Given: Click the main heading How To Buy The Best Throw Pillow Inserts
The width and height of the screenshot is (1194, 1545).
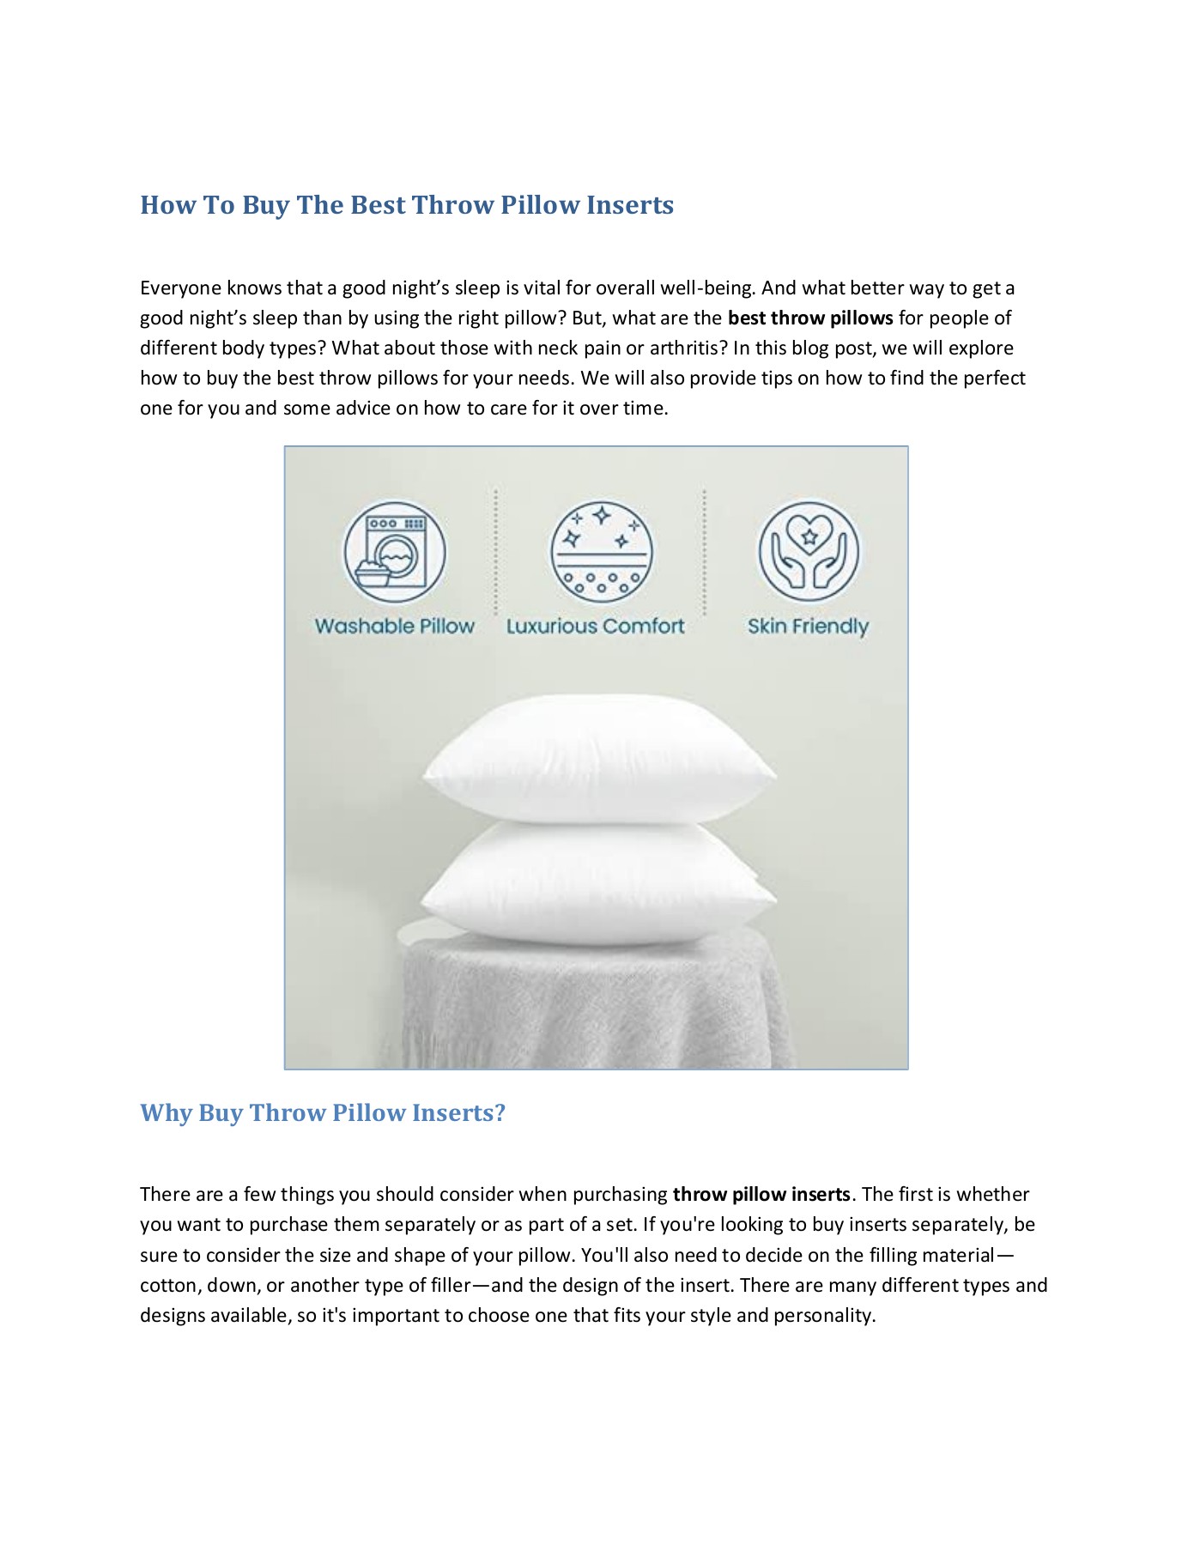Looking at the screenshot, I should tap(407, 205).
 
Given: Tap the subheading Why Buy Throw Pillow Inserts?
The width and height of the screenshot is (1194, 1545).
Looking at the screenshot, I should tap(323, 1112).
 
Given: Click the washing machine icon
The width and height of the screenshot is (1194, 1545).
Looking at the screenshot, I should tap(395, 552).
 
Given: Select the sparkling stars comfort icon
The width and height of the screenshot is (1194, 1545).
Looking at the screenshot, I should tap(601, 552).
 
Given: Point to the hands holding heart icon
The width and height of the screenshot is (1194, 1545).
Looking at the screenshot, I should tap(809, 552).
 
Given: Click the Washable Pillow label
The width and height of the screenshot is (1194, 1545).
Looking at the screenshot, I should tap(395, 627).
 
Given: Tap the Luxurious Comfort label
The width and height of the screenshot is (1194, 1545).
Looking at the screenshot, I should tap(596, 627).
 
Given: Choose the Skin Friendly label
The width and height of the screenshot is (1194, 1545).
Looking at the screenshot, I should tap(808, 627).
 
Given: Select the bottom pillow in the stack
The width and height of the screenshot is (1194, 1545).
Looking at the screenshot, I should tap(598, 884).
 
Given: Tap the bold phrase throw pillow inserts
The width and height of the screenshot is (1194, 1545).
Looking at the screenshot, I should tap(761, 1195).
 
